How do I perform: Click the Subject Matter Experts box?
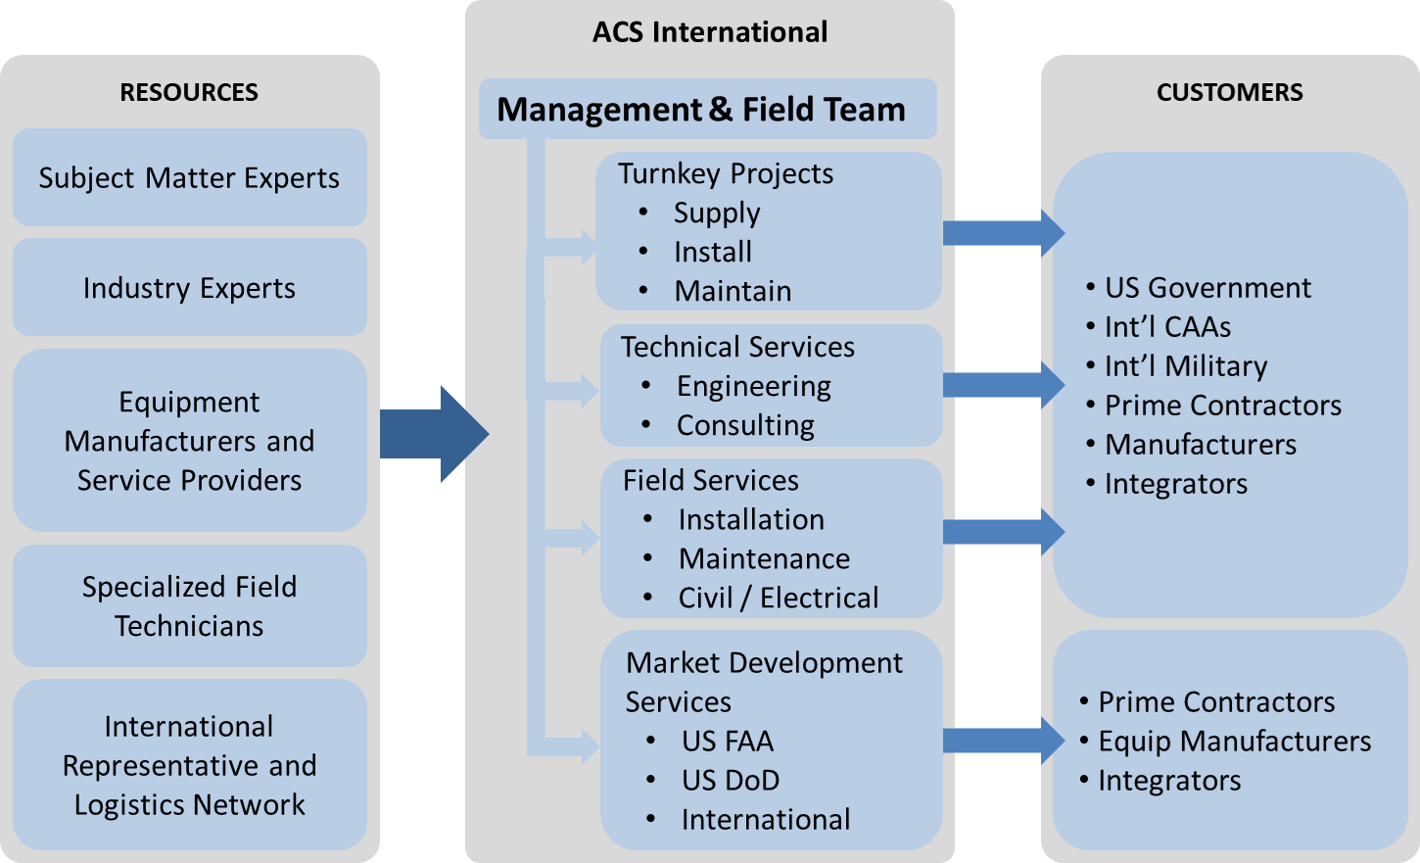[189, 178]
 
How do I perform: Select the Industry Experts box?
[189, 288]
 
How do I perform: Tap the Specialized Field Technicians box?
[189, 606]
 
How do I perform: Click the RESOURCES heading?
[189, 92]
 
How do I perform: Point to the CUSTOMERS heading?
[1229, 92]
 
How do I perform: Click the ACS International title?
[710, 32]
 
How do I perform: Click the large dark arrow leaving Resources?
[432, 434]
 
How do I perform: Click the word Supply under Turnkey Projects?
[717, 213]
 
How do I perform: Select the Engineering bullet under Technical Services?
[753, 386]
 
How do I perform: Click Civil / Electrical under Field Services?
[778, 598]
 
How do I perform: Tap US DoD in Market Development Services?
[731, 780]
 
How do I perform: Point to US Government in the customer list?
[1207, 287]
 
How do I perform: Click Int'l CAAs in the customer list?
[1167, 326]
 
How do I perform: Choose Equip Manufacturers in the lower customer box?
[1234, 741]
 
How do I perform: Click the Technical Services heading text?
[737, 347]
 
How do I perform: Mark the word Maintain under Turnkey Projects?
[733, 291]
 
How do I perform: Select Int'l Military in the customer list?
[1186, 365]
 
